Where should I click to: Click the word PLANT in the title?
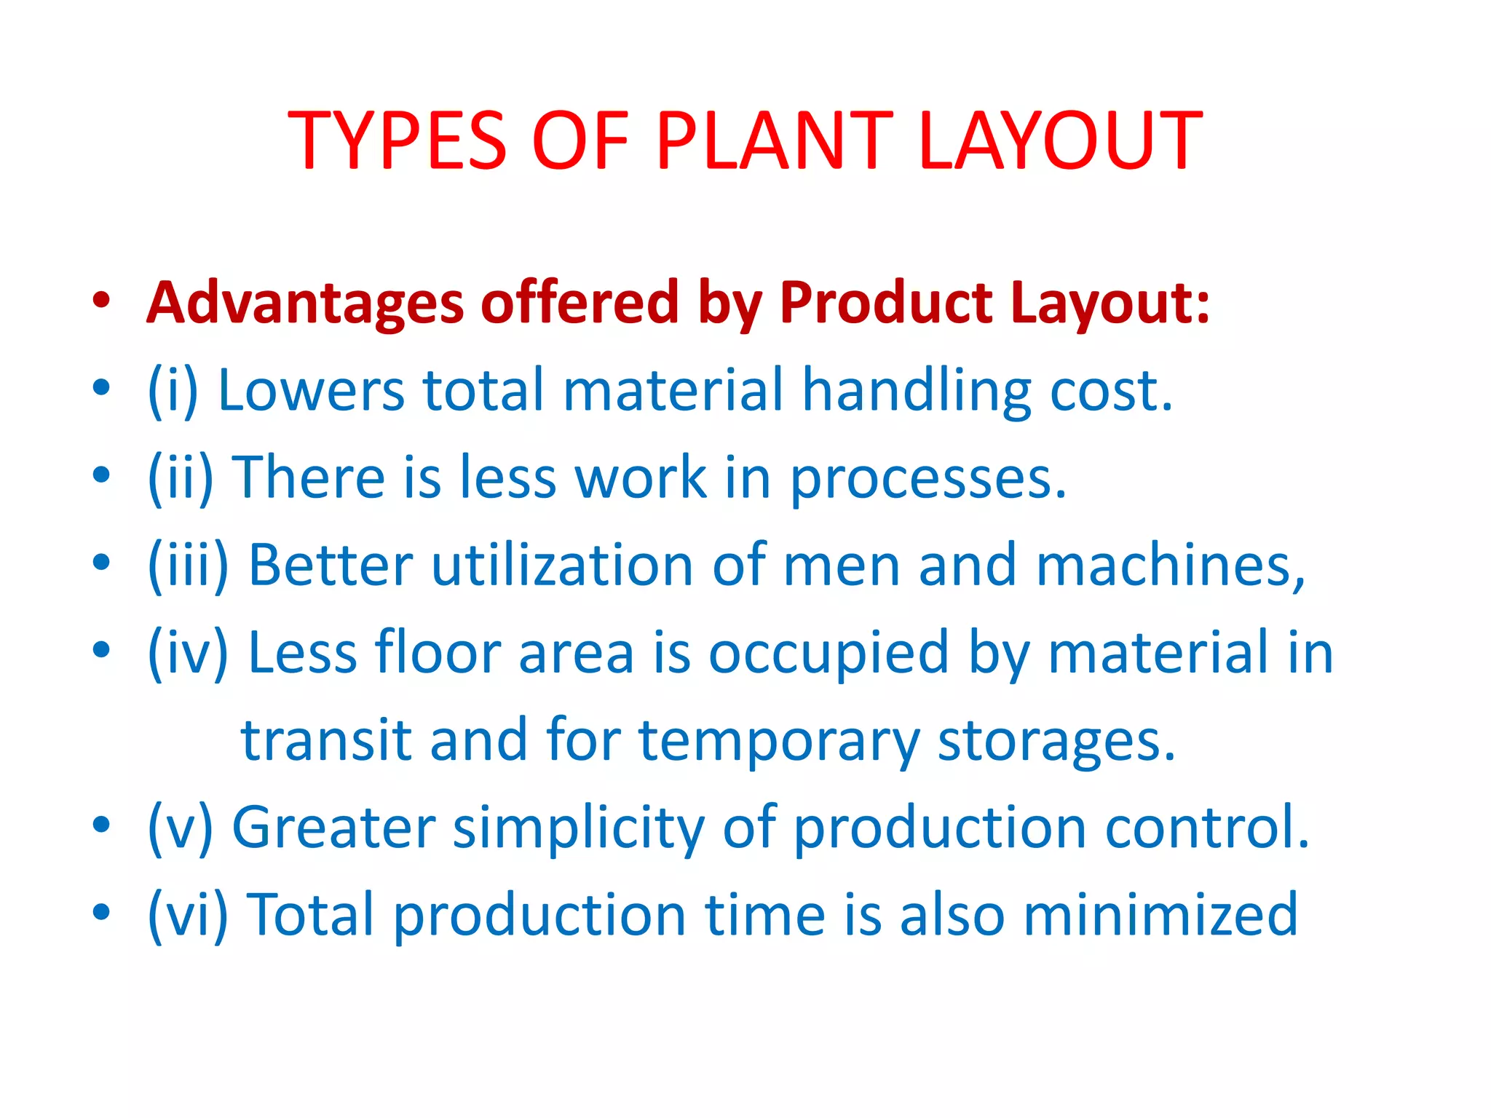(x=773, y=140)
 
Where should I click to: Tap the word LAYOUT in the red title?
(x=1060, y=140)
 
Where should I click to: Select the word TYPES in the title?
(x=397, y=140)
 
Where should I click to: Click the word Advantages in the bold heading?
(x=305, y=303)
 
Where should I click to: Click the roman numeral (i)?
(x=173, y=391)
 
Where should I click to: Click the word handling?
(x=916, y=391)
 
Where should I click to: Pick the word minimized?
(x=1160, y=915)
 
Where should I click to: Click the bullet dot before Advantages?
(x=101, y=300)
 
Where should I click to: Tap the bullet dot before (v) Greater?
(x=101, y=825)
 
